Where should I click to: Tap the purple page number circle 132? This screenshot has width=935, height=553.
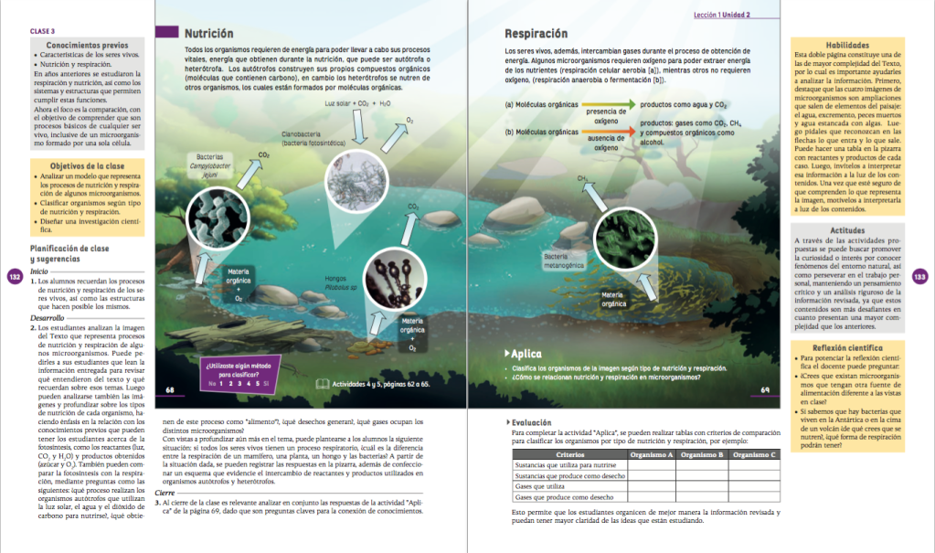pos(14,278)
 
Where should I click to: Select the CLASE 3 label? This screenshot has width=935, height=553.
pos(43,32)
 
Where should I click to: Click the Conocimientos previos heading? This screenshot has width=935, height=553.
pos(87,45)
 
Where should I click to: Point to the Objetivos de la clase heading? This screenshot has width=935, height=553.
pos(88,165)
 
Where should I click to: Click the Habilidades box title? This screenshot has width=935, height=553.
pos(846,45)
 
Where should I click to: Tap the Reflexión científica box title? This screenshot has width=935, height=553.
pos(846,348)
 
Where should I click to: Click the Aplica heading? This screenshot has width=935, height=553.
pos(526,354)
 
